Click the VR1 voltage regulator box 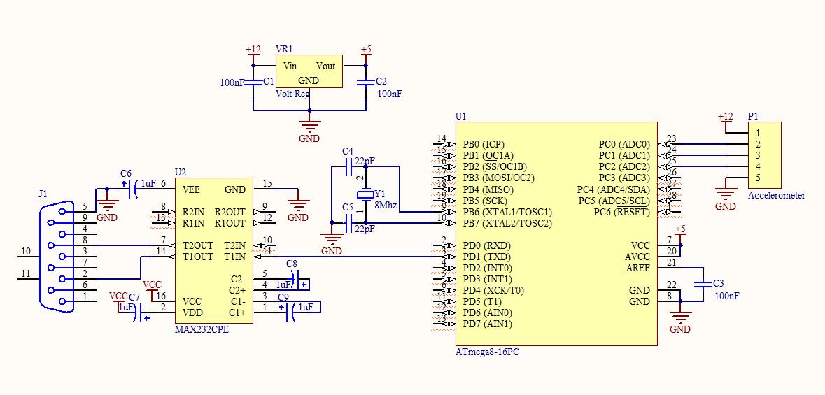click(309, 72)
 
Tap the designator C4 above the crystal click(348, 151)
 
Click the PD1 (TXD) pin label click(487, 257)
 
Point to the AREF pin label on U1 click(637, 268)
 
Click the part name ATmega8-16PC click(487, 352)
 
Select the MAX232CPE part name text click(201, 330)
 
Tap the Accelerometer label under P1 click(776, 196)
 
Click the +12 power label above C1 click(253, 50)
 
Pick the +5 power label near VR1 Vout click(365, 50)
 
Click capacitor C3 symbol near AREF click(702, 285)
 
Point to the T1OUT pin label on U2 click(197, 257)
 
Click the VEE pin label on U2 click(191, 189)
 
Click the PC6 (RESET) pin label click(621, 212)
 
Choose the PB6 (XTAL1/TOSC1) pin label click(507, 212)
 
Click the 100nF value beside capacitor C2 click(390, 93)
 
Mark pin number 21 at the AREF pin click(672, 262)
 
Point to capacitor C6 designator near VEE click(126, 173)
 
